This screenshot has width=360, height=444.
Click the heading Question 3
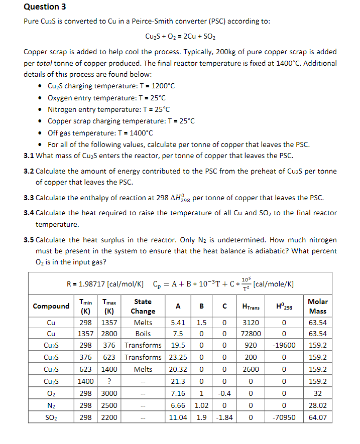(x=45, y=7)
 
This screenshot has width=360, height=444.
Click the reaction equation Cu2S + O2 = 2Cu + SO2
(x=180, y=37)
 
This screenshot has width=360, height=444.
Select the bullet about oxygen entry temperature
(x=106, y=98)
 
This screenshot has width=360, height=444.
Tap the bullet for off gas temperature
(x=100, y=133)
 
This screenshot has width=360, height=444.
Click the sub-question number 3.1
(x=29, y=156)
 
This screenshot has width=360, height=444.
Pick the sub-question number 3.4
(x=29, y=213)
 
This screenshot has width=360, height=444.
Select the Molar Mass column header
(x=317, y=306)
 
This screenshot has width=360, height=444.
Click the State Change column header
(x=143, y=306)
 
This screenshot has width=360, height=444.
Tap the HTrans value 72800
(x=251, y=334)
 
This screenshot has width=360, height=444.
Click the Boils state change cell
(x=143, y=334)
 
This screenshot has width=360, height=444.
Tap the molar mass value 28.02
(x=317, y=405)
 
